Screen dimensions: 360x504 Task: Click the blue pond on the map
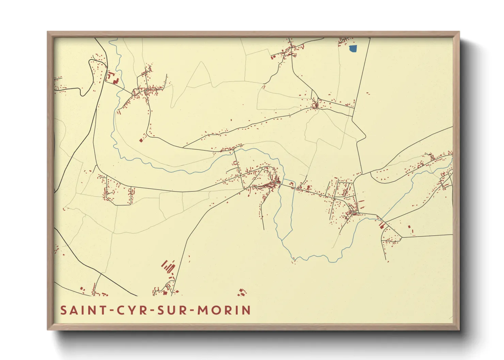353,49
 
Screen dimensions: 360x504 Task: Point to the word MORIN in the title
224,310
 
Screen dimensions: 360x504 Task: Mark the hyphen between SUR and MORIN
192,311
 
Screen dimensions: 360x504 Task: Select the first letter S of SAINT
63,310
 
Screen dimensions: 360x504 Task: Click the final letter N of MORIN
246,310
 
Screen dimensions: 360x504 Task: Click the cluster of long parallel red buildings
168,266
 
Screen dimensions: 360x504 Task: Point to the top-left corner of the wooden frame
48,32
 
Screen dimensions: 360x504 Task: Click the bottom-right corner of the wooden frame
459,329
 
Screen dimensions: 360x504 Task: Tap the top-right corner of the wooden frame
459,32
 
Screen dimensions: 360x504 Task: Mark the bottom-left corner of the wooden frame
48,329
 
